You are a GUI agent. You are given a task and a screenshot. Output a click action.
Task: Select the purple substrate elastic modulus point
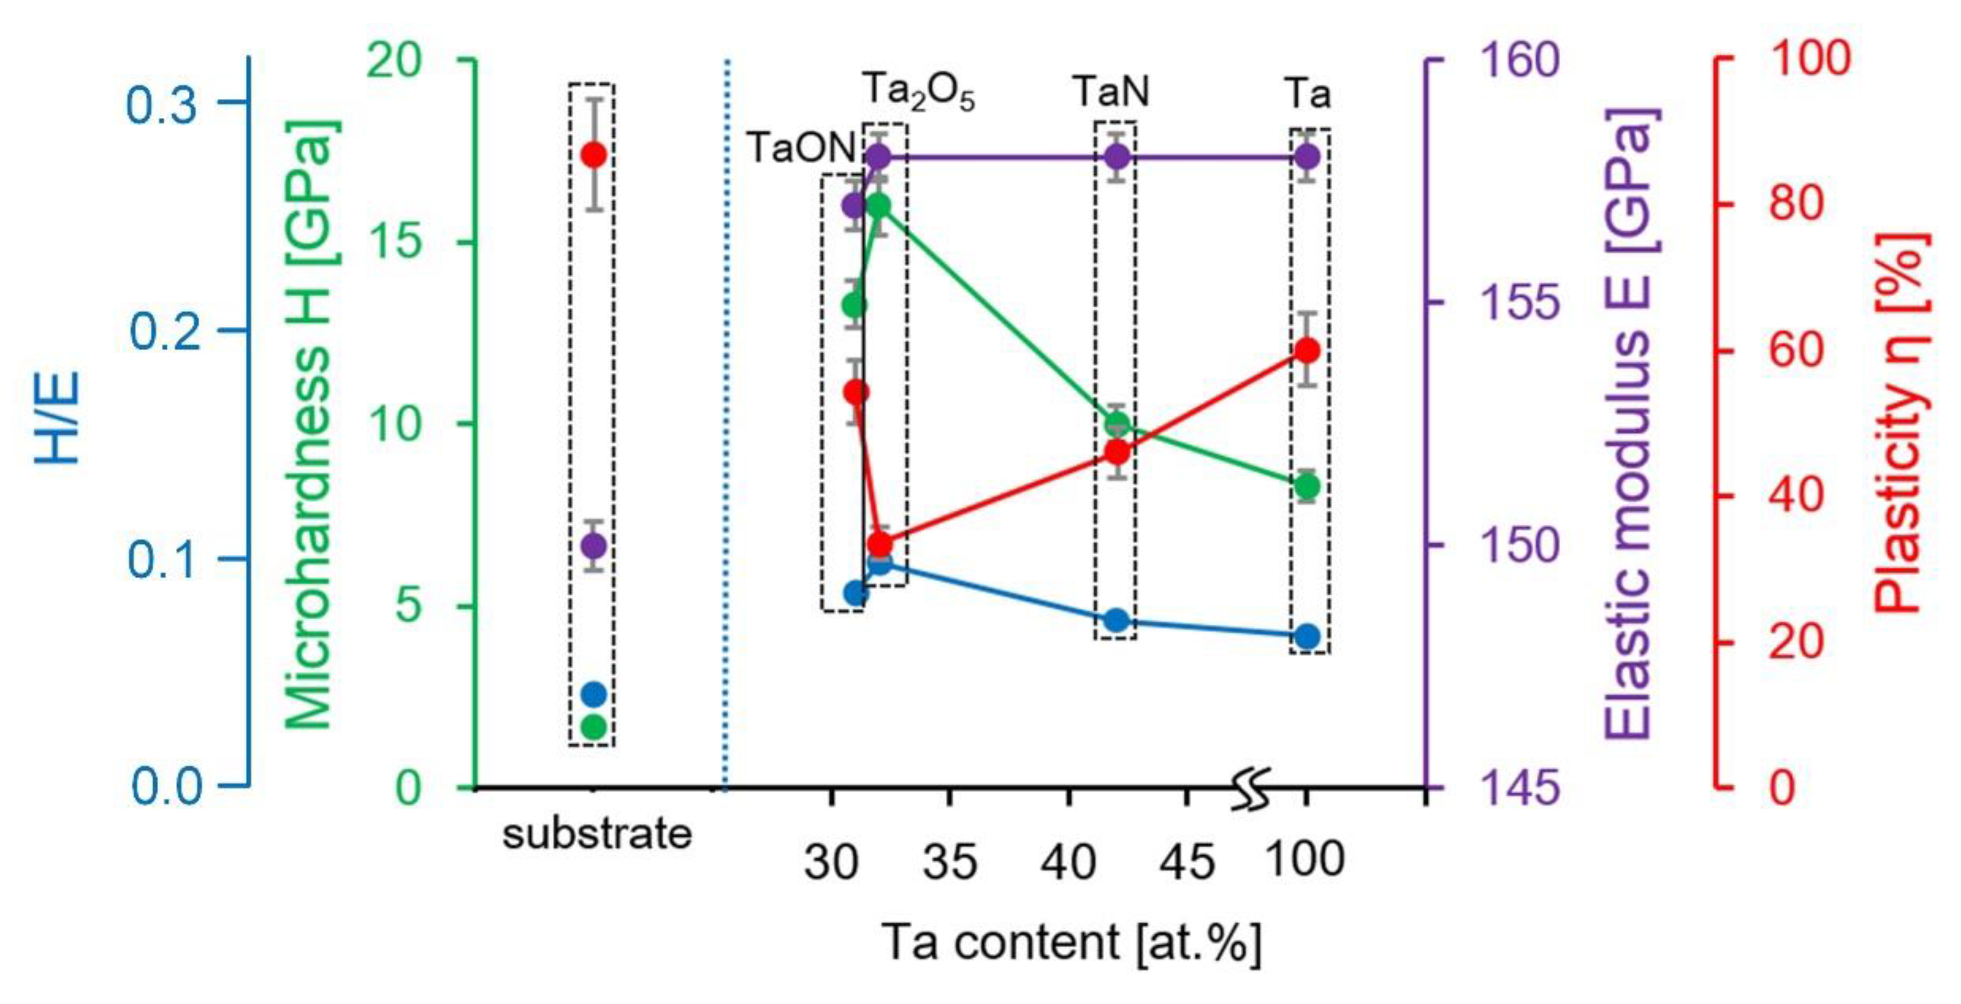pos(594,545)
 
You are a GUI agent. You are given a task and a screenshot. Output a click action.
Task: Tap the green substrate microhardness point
pos(594,727)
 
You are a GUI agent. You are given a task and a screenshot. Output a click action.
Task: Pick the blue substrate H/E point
pos(594,693)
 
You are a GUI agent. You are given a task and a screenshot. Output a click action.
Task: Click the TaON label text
pos(801,147)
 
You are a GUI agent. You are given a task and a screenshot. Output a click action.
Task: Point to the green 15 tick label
pos(397,241)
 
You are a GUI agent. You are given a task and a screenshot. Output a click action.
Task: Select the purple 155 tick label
pos(1520,302)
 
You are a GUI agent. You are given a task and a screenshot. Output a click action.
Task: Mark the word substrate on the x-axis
pos(597,834)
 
